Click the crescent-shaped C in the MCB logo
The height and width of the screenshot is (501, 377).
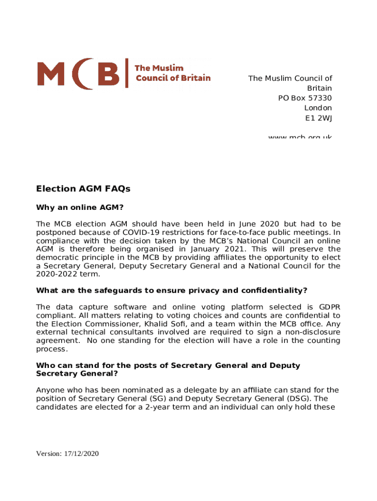point(82,74)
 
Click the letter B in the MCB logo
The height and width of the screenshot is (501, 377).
point(107,74)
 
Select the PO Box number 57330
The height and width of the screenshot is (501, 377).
point(319,98)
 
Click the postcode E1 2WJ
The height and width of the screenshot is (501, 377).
point(318,117)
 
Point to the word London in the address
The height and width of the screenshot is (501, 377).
point(318,108)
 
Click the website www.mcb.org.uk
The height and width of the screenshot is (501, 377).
point(300,137)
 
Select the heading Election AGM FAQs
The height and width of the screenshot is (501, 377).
point(83,188)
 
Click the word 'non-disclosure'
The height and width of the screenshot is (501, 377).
point(312,332)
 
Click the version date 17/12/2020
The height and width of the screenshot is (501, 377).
point(81,454)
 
